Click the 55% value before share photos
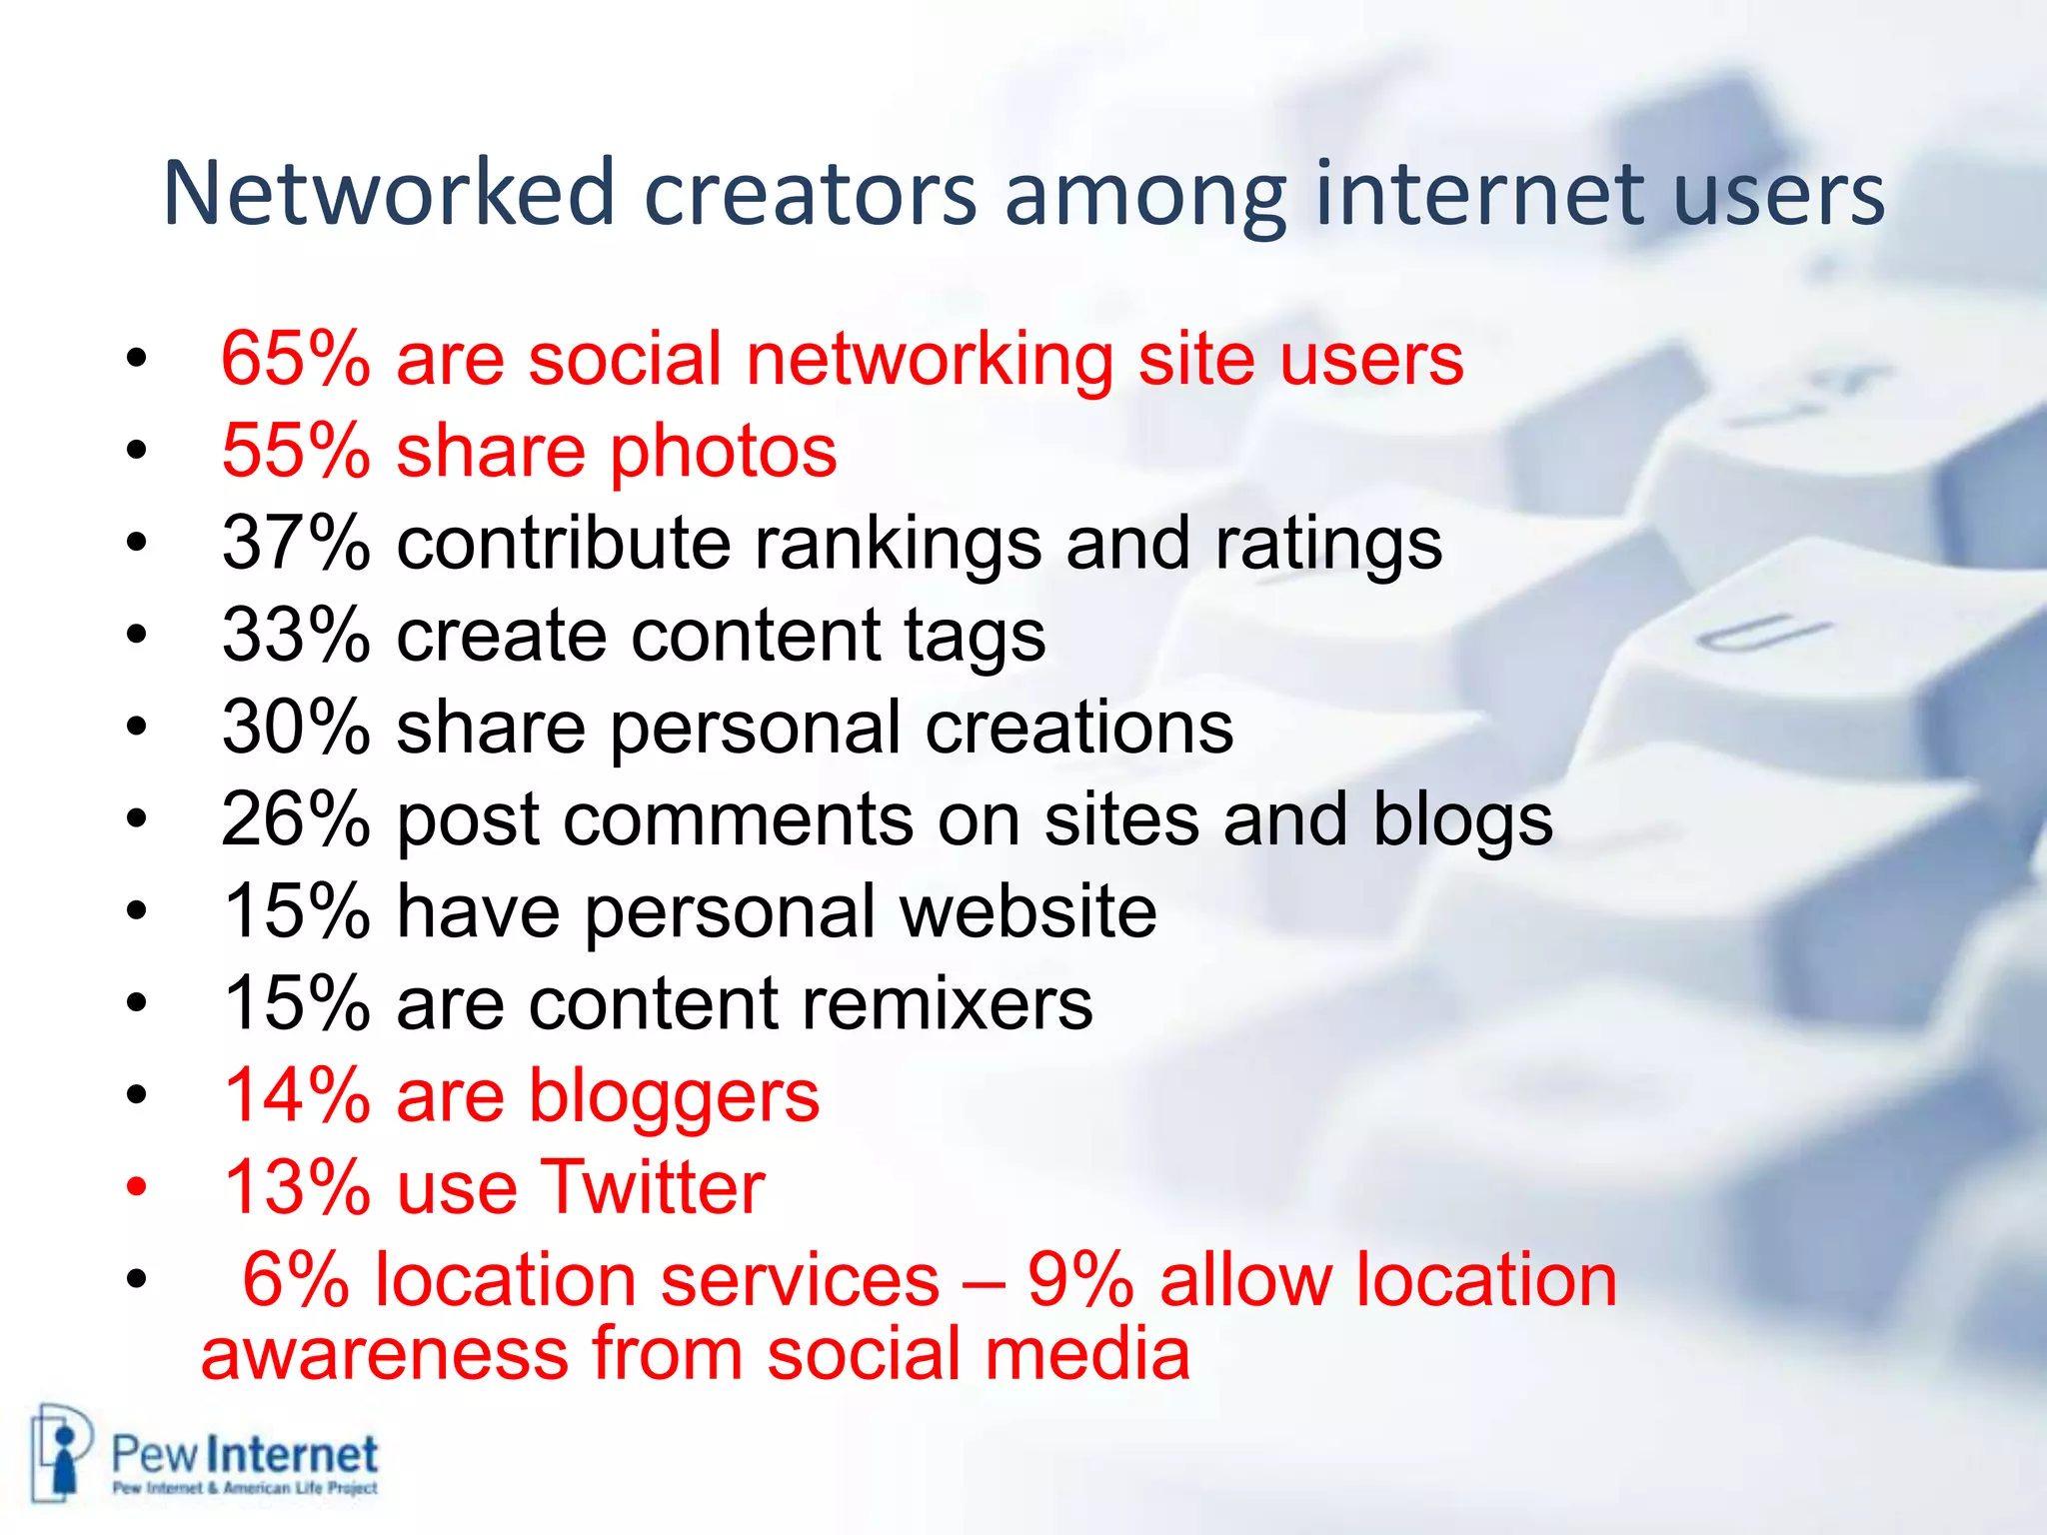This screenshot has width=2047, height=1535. (296, 451)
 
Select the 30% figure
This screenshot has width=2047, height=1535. (296, 727)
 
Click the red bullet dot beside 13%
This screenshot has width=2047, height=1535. (137, 1188)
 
